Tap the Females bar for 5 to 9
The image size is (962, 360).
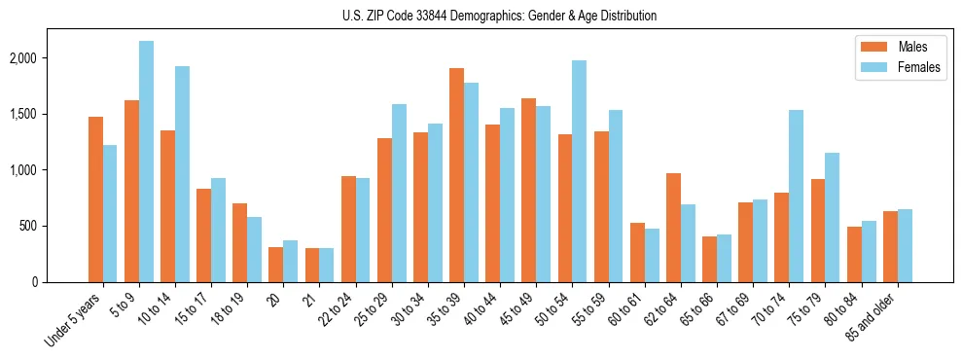[146, 162]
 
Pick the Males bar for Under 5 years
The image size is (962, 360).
[95, 199]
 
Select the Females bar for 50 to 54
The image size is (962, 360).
[579, 171]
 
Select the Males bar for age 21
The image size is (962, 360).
[311, 265]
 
